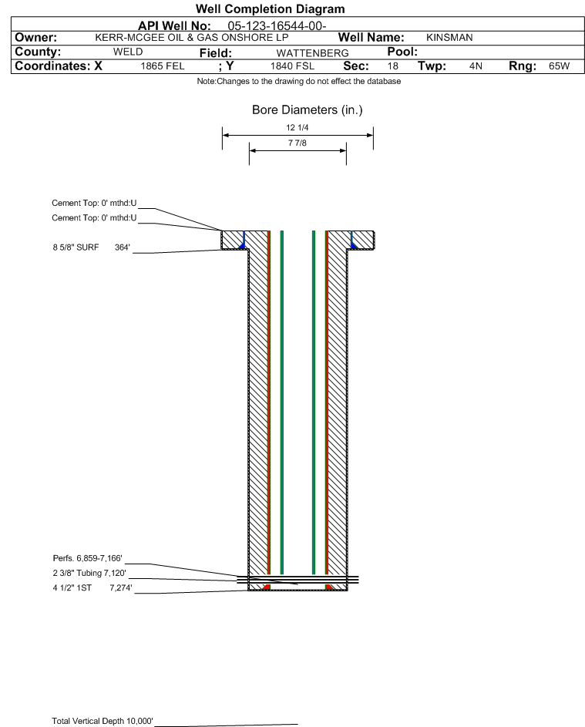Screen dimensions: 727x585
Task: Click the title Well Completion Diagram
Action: pos(270,9)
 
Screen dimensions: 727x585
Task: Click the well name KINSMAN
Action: pos(449,38)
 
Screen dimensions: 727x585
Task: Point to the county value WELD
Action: pos(128,52)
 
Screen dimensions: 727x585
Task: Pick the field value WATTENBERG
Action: pos(307,52)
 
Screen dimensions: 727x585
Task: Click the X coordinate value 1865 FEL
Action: pos(163,66)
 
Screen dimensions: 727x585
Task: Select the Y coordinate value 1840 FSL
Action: pos(292,66)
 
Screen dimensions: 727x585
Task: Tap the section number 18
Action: pos(393,66)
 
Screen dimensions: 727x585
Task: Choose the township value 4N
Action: pos(476,66)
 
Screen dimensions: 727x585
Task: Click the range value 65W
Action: pos(559,66)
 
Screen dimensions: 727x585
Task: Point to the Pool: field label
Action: pos(402,52)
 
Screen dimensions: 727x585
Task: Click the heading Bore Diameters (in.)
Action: pos(307,110)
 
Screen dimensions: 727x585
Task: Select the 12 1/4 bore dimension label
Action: pos(298,128)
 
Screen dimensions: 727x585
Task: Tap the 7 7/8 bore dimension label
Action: pos(298,143)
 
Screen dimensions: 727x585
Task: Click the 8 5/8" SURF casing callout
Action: pos(92,247)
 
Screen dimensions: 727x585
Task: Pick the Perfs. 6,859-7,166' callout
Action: pos(87,558)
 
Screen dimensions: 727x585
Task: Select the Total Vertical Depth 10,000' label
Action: pos(103,721)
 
